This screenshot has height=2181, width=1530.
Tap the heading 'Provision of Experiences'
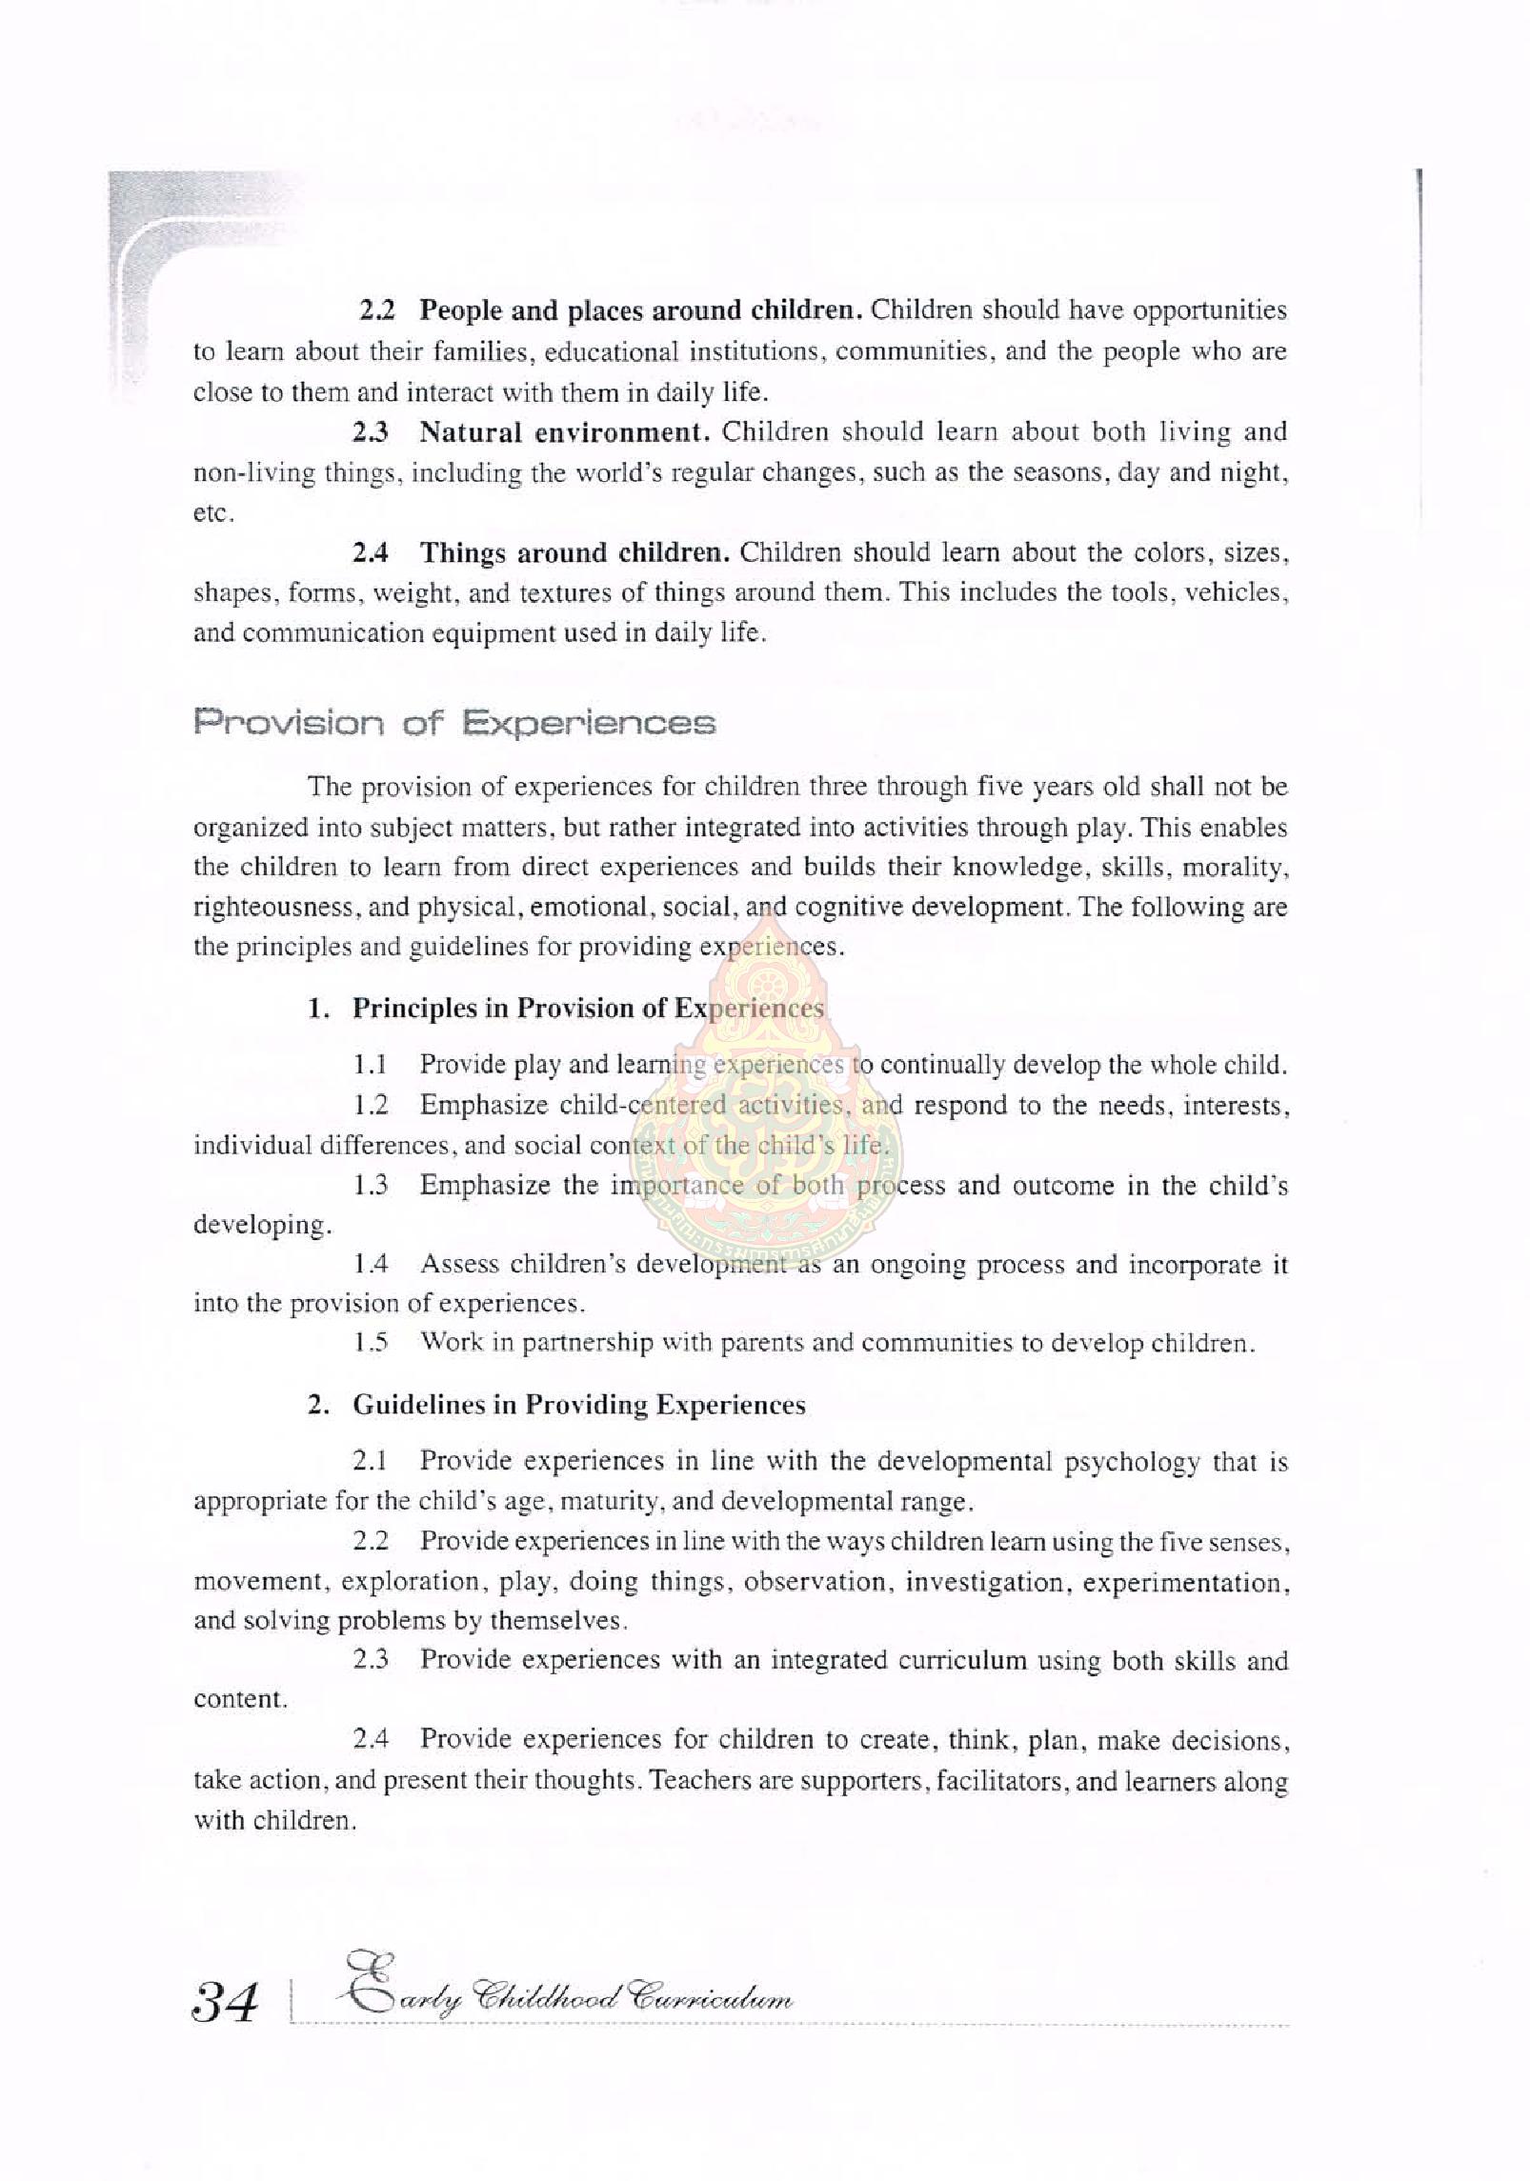pyautogui.click(x=453, y=723)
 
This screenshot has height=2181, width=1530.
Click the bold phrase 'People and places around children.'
pyautogui.click(x=640, y=310)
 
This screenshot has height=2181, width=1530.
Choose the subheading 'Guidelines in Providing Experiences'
pyautogui.click(x=578, y=1405)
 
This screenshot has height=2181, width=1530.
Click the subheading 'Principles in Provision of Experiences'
pyautogui.click(x=588, y=1008)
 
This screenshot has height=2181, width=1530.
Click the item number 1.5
pyautogui.click(x=371, y=1343)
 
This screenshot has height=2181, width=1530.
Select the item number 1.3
pyautogui.click(x=371, y=1185)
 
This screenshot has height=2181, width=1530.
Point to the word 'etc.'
pyautogui.click(x=214, y=513)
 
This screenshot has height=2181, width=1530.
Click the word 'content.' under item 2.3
pyautogui.click(x=240, y=1700)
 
